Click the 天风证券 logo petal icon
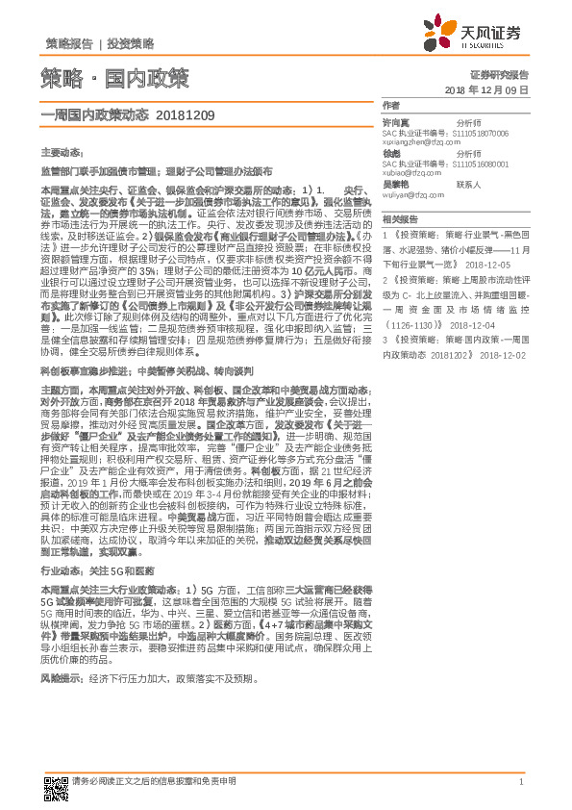(x=475, y=34)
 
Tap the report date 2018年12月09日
(x=487, y=89)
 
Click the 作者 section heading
(x=390, y=105)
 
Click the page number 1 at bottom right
(x=520, y=781)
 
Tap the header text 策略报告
(x=68, y=44)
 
